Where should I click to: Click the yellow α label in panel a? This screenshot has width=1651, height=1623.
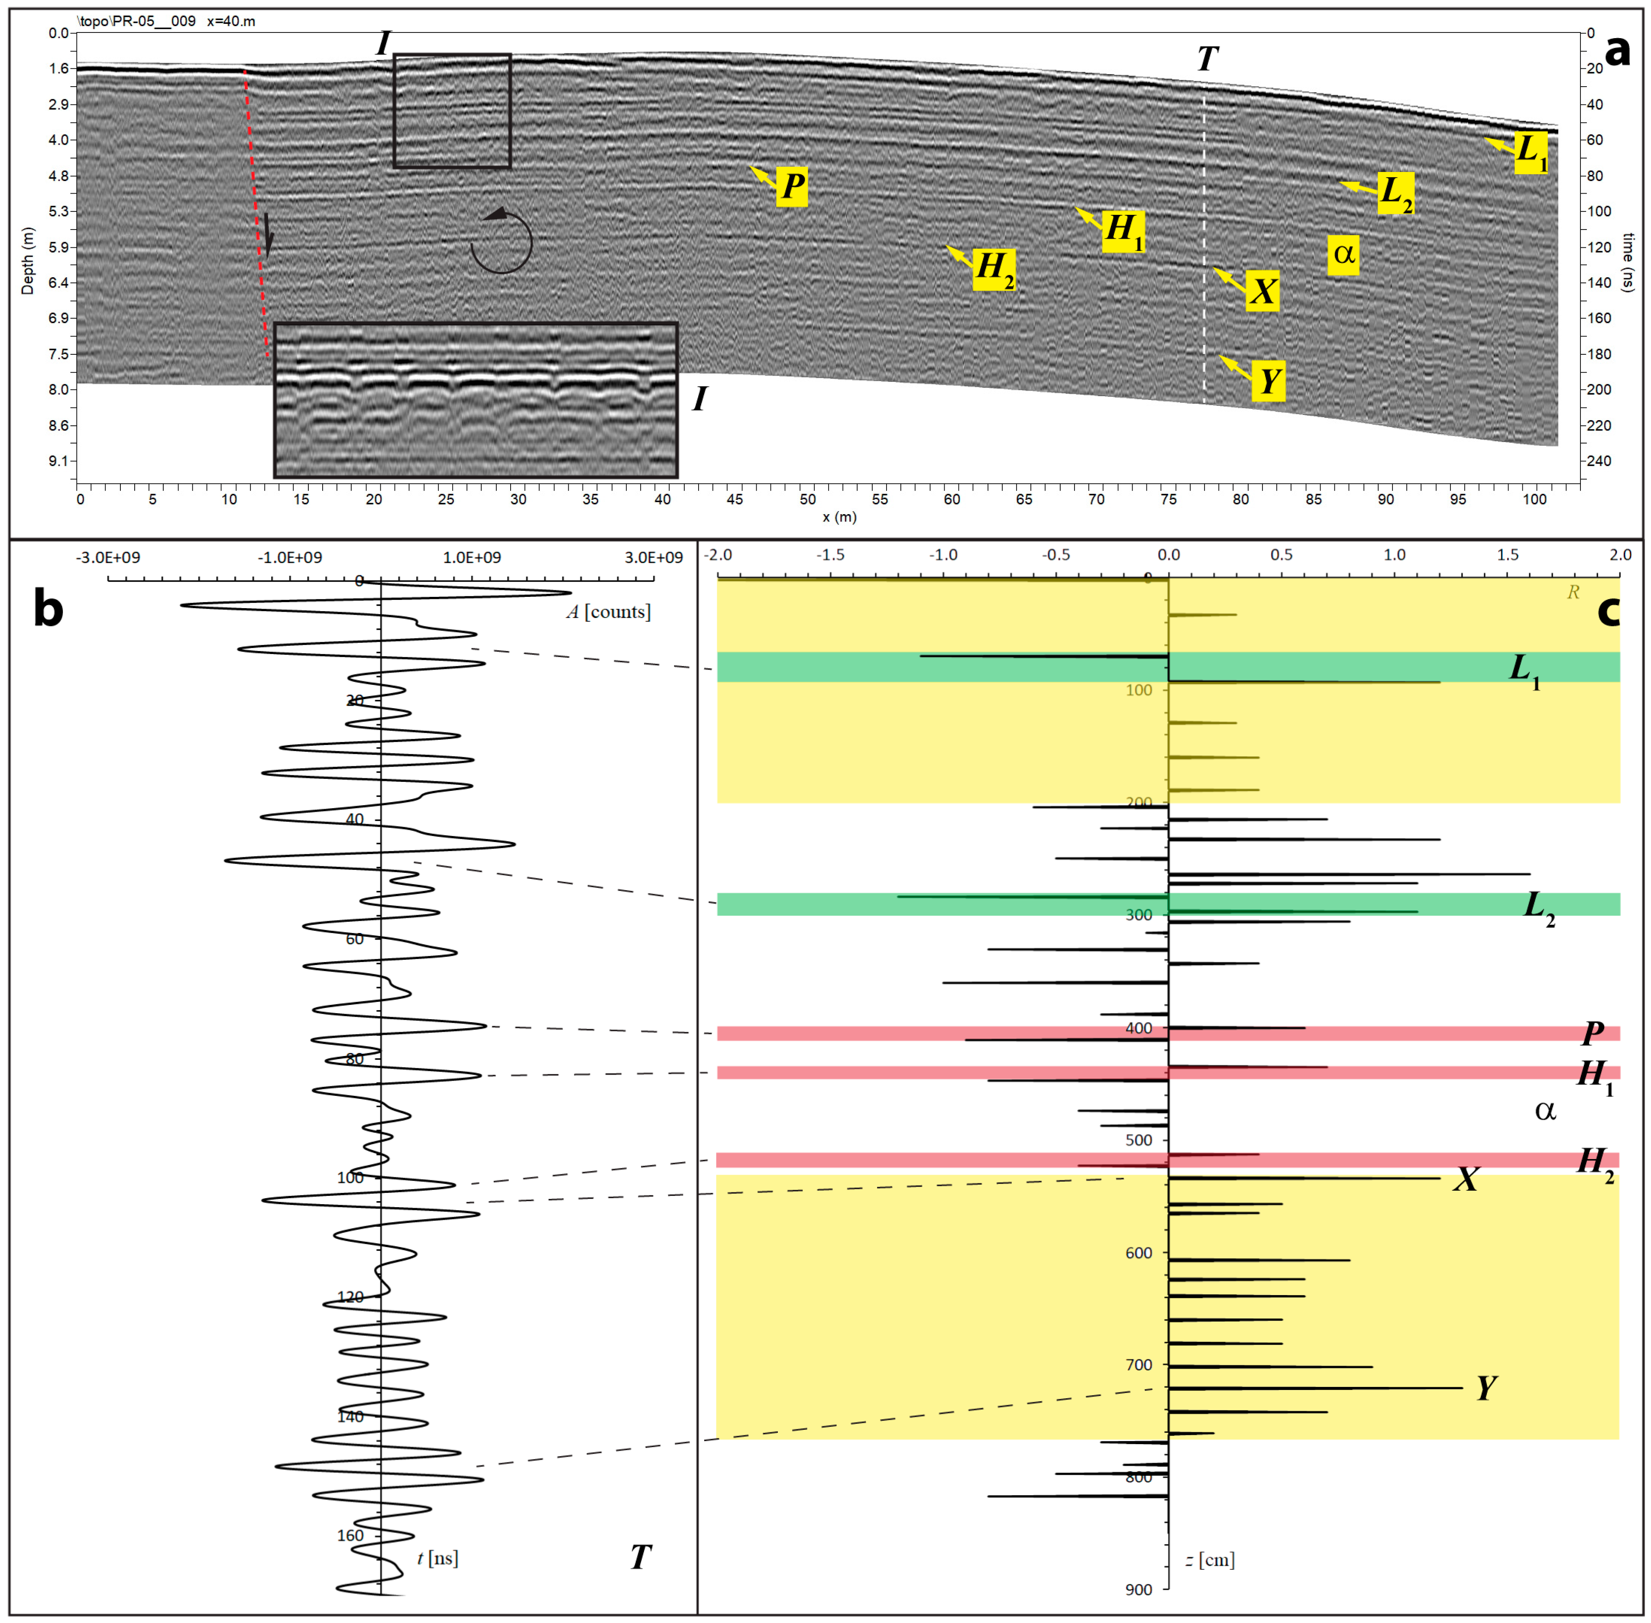[x=1343, y=254]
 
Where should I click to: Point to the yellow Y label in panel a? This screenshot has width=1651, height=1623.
[x=1268, y=381]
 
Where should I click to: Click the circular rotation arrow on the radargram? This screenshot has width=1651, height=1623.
[x=502, y=241]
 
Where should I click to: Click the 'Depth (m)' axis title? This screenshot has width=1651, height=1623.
[x=27, y=261]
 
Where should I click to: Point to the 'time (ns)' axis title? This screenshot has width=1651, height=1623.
[x=1628, y=262]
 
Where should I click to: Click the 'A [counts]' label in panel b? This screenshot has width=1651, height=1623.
[x=609, y=612]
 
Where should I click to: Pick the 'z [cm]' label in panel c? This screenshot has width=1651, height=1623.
[x=1210, y=1559]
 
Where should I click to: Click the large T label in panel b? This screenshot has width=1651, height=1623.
[x=641, y=1557]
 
